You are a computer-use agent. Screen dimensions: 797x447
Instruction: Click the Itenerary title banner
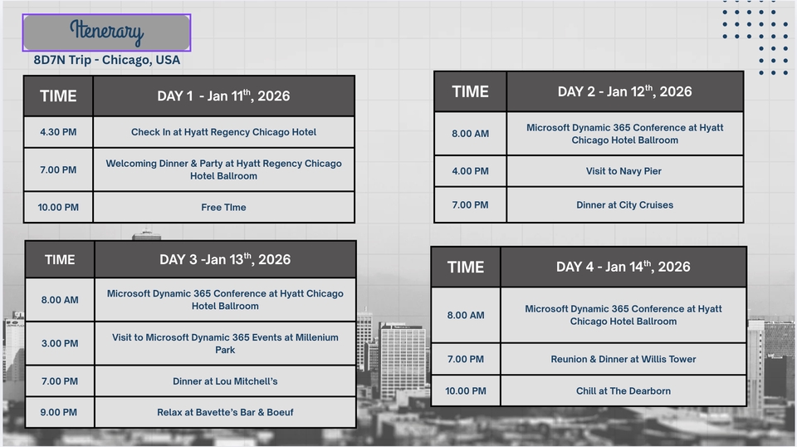[x=107, y=32]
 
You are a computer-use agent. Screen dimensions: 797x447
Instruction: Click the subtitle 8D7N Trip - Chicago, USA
[x=107, y=60]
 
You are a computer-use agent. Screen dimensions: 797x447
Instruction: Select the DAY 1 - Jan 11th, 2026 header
[x=223, y=96]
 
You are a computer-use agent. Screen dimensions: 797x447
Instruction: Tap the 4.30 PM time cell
[x=58, y=132]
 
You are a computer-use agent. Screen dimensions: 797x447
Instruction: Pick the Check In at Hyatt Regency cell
[x=223, y=132]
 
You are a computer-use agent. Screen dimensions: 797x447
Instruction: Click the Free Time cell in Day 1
[x=223, y=208]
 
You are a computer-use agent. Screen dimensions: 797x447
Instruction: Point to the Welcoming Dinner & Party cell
[x=223, y=169]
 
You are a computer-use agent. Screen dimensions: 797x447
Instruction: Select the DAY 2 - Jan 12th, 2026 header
[x=624, y=91]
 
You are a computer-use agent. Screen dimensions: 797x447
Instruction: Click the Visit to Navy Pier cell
[x=624, y=171]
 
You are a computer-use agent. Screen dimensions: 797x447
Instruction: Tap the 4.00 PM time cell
[x=470, y=171]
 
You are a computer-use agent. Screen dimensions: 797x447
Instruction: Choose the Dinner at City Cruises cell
[x=624, y=205]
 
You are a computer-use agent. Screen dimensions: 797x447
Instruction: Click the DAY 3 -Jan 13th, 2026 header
[x=225, y=260]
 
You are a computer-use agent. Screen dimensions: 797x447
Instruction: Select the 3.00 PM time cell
[x=60, y=343]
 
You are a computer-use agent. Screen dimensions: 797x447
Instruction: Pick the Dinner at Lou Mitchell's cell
[x=225, y=381]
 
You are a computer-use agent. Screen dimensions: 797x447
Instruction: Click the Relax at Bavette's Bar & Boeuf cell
[x=225, y=412]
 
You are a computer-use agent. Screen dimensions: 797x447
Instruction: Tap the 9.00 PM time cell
[x=60, y=412]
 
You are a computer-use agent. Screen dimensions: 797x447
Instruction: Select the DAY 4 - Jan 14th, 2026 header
[x=623, y=267]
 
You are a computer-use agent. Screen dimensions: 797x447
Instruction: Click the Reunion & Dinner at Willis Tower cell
[x=623, y=359]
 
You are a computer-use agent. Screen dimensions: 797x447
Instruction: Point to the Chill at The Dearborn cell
[x=623, y=391]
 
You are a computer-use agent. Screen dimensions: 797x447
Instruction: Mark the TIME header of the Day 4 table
[x=466, y=267]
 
